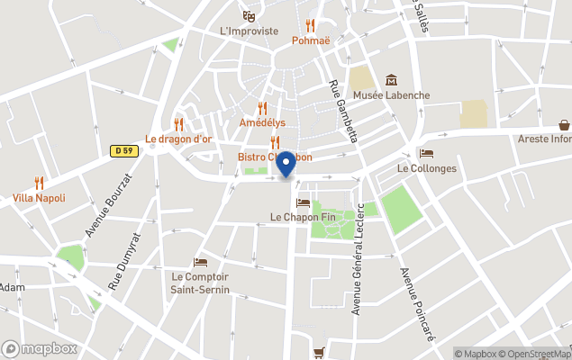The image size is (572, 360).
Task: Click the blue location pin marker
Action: [x=286, y=165]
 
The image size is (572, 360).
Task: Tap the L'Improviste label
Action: [x=250, y=30]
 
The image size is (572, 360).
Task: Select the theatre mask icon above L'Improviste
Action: [x=250, y=15]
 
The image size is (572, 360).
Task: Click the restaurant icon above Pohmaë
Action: [x=311, y=26]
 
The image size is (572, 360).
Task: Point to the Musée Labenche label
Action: [x=391, y=95]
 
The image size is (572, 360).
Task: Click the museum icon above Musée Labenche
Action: [x=391, y=81]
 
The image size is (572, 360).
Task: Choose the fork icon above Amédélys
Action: [x=262, y=108]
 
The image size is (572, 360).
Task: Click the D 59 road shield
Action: [x=125, y=151]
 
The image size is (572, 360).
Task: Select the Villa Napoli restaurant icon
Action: [x=39, y=183]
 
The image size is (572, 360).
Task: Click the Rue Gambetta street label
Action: [x=343, y=111]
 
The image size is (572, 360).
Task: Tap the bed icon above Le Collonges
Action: [x=426, y=154]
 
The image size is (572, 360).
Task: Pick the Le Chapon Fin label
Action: [x=303, y=217]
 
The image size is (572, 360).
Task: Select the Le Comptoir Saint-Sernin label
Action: [x=200, y=283]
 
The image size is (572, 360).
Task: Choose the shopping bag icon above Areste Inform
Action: [x=565, y=125]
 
